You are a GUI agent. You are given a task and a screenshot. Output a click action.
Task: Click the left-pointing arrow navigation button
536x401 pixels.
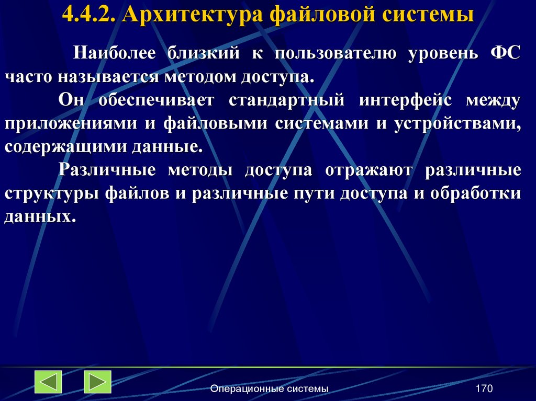(48, 381)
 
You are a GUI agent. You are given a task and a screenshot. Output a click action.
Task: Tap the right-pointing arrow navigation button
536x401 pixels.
(97, 381)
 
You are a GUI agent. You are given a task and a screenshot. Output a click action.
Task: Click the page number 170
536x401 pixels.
(484, 388)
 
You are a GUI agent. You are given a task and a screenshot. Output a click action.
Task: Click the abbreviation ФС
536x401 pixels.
(506, 53)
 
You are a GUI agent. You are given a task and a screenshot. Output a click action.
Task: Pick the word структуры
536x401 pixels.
(51, 193)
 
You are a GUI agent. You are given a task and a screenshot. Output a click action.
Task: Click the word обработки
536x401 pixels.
(477, 193)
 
